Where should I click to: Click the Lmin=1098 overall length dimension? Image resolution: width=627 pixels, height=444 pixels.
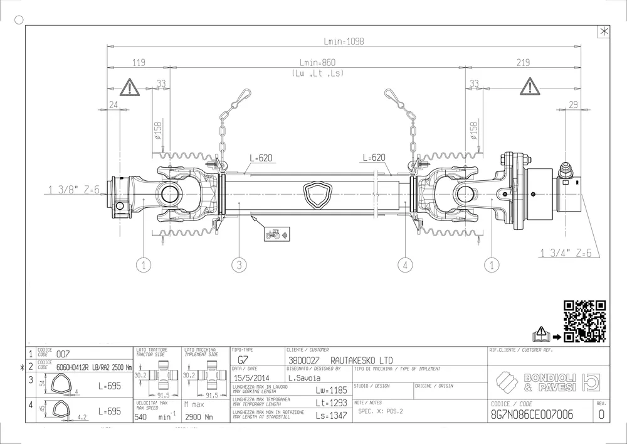(x=344, y=41)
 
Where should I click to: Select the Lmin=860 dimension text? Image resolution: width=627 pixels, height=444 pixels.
(x=318, y=63)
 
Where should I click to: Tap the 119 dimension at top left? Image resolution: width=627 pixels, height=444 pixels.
(x=139, y=63)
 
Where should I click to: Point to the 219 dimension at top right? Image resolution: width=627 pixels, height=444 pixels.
(x=522, y=63)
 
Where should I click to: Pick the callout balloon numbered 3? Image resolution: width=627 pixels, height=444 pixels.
(x=239, y=266)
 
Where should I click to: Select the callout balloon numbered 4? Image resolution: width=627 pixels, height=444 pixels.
(x=405, y=266)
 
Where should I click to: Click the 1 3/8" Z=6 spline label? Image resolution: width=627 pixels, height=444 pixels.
(x=73, y=188)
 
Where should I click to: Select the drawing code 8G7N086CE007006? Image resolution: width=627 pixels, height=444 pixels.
(x=533, y=415)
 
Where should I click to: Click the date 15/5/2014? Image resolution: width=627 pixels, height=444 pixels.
(x=251, y=378)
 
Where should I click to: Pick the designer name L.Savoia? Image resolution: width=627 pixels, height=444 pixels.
(x=304, y=378)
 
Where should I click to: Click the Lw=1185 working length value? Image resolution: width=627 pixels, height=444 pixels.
(x=332, y=390)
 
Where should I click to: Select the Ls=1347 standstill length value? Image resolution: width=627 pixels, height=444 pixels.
(x=332, y=415)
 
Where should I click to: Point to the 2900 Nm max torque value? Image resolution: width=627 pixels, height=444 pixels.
(x=201, y=416)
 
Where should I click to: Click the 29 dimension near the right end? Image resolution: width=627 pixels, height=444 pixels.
(x=572, y=105)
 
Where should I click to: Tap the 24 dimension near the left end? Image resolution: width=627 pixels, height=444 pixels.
(x=114, y=105)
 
